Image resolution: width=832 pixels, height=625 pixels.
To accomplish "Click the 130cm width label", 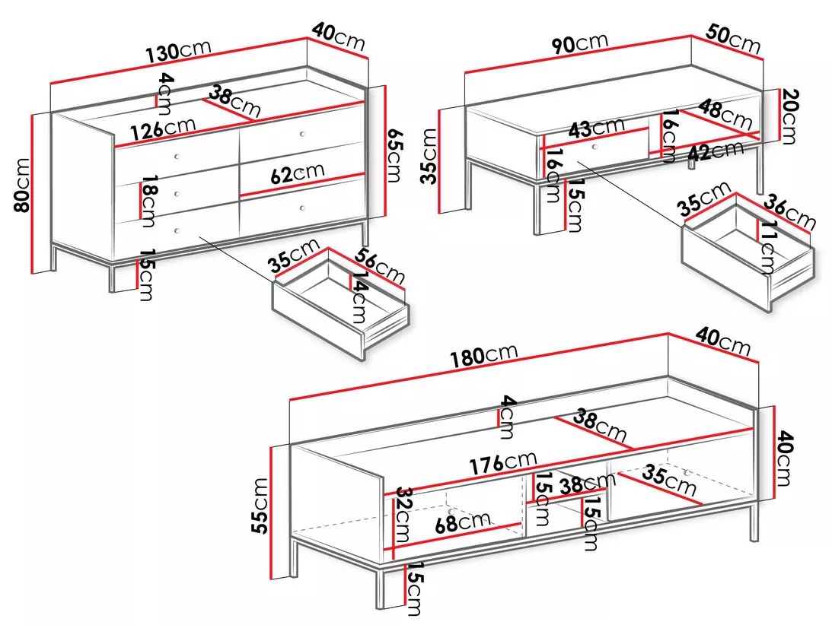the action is [178, 49].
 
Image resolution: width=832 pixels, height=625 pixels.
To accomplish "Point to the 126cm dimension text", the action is [164, 128].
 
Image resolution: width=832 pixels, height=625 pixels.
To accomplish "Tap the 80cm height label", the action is [22, 185].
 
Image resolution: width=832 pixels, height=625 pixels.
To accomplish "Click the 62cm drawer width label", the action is [297, 173].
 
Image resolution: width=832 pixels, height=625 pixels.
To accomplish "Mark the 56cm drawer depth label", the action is [380, 265].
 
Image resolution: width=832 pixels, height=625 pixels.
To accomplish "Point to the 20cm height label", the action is [789, 116].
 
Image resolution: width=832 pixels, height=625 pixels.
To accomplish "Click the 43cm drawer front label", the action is [597, 128].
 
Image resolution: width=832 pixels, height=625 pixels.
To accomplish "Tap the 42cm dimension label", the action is [716, 151].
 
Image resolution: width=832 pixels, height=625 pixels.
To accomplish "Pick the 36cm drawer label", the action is [790, 212].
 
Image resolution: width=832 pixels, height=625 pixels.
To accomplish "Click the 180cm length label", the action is [484, 354].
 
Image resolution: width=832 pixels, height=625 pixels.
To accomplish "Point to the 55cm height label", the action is [260, 505].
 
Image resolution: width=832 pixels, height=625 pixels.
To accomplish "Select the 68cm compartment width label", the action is [462, 522].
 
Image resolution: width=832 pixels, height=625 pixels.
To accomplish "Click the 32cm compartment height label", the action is [402, 514].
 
